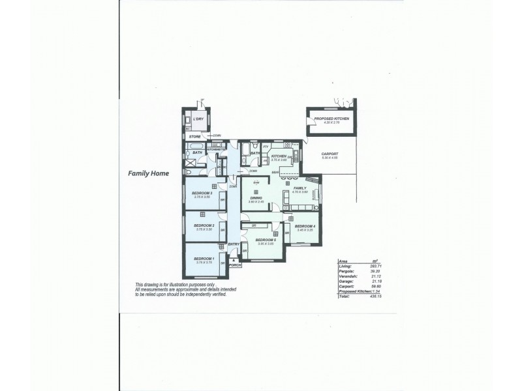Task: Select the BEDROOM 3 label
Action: (202, 194)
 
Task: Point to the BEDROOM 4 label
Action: (305, 226)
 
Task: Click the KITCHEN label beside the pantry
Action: (279, 156)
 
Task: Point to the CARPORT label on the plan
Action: (330, 154)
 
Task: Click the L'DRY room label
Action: (198, 120)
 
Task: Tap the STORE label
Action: (195, 137)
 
